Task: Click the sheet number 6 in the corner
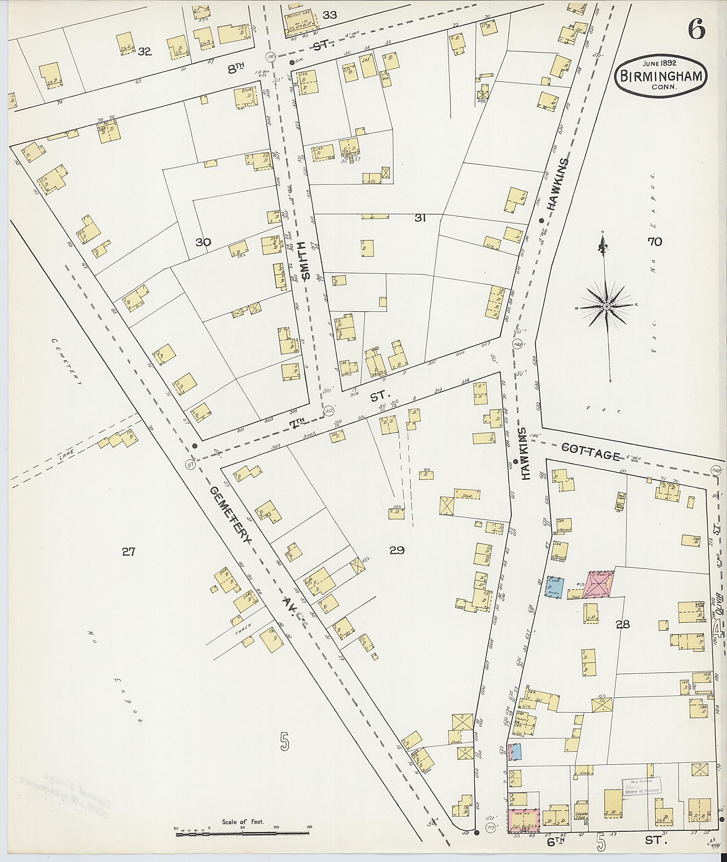[x=696, y=31]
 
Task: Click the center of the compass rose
[x=606, y=307]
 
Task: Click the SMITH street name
[x=305, y=260]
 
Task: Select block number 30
[x=203, y=242]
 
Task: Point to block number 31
[x=420, y=218]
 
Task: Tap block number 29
[x=397, y=550]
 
